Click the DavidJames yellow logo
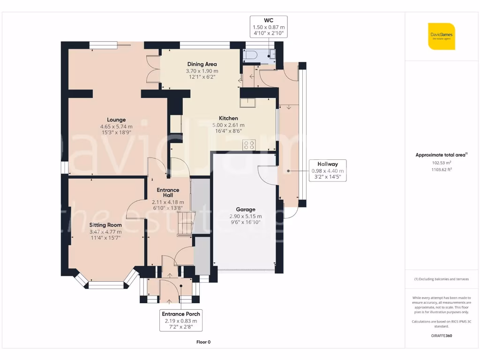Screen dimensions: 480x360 (x=442, y=36)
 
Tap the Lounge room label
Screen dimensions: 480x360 (x=116, y=120)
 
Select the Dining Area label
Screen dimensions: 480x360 (x=202, y=64)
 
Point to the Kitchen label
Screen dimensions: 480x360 (x=228, y=118)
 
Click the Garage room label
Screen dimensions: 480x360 (x=246, y=210)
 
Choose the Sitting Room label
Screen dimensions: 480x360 (x=105, y=225)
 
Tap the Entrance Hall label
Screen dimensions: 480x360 (x=168, y=193)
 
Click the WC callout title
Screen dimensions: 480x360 (x=269, y=21)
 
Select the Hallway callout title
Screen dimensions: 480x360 (x=328, y=164)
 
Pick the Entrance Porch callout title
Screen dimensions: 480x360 (x=181, y=314)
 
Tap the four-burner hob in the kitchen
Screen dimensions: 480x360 (x=249, y=145)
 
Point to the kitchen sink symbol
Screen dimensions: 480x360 (x=247, y=103)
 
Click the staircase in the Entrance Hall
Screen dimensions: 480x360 (x=186, y=224)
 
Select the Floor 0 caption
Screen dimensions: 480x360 (x=203, y=342)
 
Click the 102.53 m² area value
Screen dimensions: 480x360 (x=442, y=163)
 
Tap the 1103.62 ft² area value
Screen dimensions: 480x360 (x=442, y=170)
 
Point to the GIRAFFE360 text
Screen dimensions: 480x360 (x=442, y=336)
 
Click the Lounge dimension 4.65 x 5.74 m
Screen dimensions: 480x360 (x=116, y=127)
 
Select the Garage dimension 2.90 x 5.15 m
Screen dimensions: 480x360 (x=246, y=217)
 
